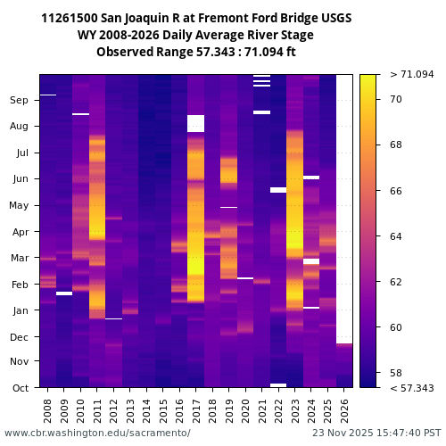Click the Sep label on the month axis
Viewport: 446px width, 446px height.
pyautogui.click(x=20, y=101)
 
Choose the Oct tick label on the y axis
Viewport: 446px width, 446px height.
pyautogui.click(x=20, y=387)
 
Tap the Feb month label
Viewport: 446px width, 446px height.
pyautogui.click(x=20, y=284)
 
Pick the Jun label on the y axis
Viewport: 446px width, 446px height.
pyautogui.click(x=20, y=179)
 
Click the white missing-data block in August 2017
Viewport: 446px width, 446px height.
pyautogui.click(x=195, y=123)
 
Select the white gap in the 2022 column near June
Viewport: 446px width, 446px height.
pyautogui.click(x=278, y=190)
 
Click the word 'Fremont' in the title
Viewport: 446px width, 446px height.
pyautogui.click(x=207, y=18)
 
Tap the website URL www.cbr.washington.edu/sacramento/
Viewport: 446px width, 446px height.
pyautogui.click(x=97, y=433)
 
